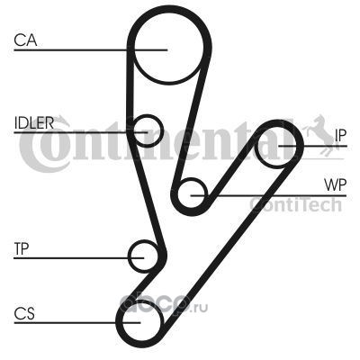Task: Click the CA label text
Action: (x=25, y=40)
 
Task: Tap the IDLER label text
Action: (x=34, y=122)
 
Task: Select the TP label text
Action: (x=22, y=248)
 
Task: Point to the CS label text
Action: (x=24, y=313)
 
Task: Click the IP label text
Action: (x=340, y=136)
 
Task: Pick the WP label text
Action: (x=335, y=185)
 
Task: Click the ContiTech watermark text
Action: (x=295, y=205)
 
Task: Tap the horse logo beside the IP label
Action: (x=322, y=133)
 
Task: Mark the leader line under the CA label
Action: (x=90, y=49)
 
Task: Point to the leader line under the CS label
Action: (x=77, y=323)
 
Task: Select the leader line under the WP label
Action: (x=268, y=195)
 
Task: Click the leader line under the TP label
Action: (x=79, y=257)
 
